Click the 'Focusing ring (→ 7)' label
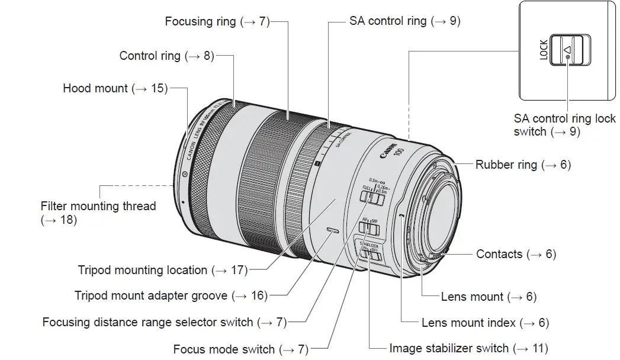(x=217, y=22)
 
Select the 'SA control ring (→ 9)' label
(x=404, y=21)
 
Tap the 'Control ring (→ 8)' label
(x=166, y=56)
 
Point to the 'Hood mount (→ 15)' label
(x=115, y=88)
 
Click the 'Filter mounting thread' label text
(x=98, y=207)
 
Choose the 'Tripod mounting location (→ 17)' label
(x=162, y=270)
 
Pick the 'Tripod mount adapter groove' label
(x=171, y=295)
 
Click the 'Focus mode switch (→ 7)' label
(x=240, y=349)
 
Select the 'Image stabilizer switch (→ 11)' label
(x=468, y=348)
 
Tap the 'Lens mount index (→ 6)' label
(x=485, y=323)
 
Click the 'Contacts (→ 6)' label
(x=516, y=254)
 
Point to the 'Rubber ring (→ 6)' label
(x=523, y=165)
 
